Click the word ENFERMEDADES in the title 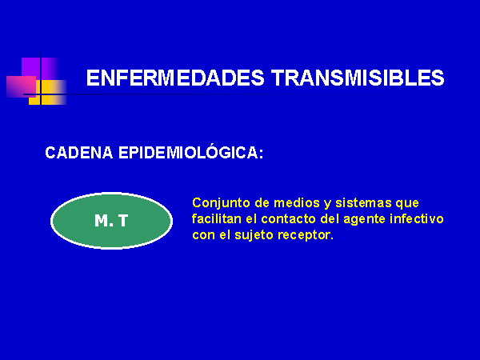pyautogui.click(x=175, y=78)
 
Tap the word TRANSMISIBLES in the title pyautogui.click(x=358, y=78)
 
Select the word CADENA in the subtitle pyautogui.click(x=79, y=153)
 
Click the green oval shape pyautogui.click(x=111, y=221)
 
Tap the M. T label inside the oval pyautogui.click(x=111, y=221)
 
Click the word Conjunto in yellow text pyautogui.click(x=221, y=203)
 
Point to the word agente pyautogui.click(x=364, y=220)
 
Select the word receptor pyautogui.click(x=306, y=236)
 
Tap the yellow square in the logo pyautogui.click(x=48, y=93)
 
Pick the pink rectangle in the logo pyautogui.click(x=22, y=86)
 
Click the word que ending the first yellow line pyautogui.click(x=407, y=204)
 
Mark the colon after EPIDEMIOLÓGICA pyautogui.click(x=261, y=154)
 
